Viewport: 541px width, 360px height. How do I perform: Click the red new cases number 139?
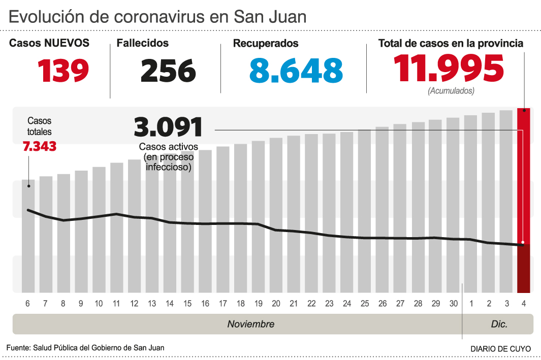[x=63, y=71]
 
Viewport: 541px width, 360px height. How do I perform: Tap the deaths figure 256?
[x=168, y=71]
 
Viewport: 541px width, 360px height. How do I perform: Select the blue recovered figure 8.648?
[x=296, y=71]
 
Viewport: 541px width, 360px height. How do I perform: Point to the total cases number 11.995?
[x=449, y=69]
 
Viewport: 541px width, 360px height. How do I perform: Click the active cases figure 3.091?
[x=168, y=127]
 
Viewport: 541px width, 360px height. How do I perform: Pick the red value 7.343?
[x=40, y=147]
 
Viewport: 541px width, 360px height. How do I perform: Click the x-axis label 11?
[x=116, y=304]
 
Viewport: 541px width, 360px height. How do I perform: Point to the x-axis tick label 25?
[x=365, y=304]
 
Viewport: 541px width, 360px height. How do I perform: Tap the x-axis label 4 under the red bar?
[x=524, y=304]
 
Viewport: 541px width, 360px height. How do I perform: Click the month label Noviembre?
[x=250, y=324]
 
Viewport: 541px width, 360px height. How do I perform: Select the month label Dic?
[x=499, y=324]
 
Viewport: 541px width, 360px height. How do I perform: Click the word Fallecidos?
[x=143, y=44]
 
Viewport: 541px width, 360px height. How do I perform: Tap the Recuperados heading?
[x=266, y=44]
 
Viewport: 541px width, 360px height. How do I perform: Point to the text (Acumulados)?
[x=451, y=91]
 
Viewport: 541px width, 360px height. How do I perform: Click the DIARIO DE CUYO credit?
[x=500, y=349]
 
